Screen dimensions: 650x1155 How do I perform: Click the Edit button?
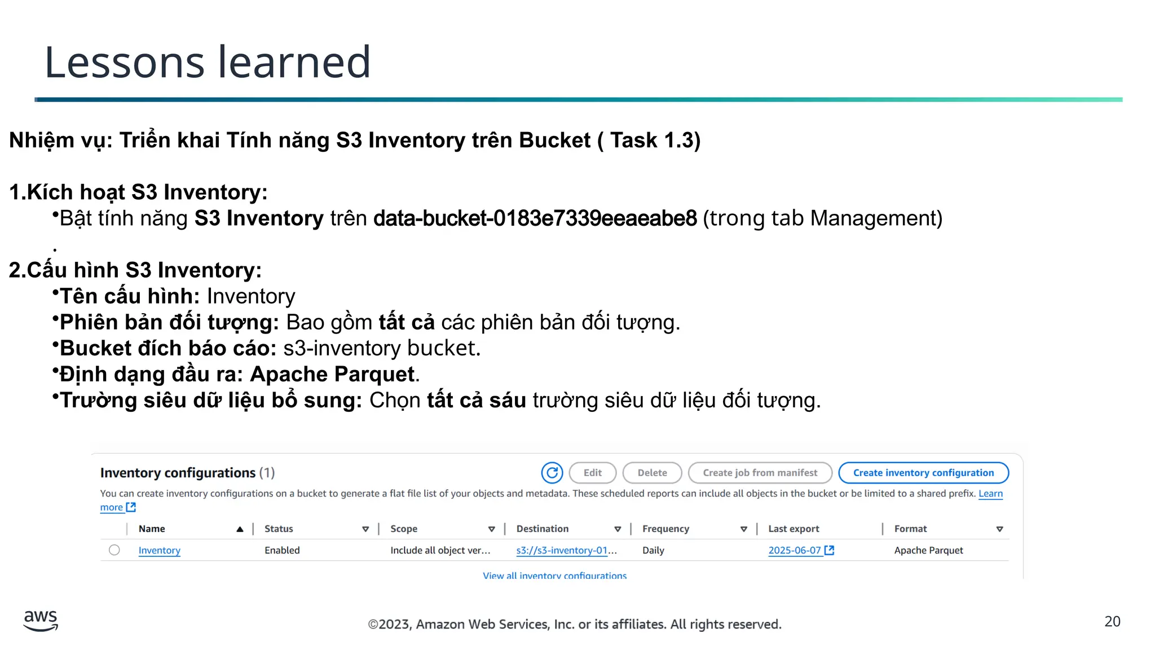pos(592,473)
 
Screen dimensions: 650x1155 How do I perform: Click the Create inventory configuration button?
pos(923,473)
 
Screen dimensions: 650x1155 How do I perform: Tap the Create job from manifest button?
pos(760,473)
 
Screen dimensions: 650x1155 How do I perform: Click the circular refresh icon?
pos(552,473)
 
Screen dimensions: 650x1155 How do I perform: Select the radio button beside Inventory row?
pos(114,550)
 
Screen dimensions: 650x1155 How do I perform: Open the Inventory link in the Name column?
pos(160,550)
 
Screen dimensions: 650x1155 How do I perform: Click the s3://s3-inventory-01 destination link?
pos(566,550)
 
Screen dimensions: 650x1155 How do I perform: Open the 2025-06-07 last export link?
pos(795,550)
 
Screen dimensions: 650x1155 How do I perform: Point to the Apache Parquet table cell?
pos(928,550)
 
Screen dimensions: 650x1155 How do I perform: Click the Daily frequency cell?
pos(653,550)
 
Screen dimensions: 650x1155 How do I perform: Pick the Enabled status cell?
pos(282,550)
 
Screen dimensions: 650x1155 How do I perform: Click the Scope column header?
pos(404,529)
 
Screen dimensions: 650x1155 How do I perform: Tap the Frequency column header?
pos(665,529)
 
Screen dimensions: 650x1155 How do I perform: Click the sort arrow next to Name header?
pos(240,529)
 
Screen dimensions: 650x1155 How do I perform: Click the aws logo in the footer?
pos(41,620)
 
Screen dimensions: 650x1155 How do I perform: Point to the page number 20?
pos(1112,621)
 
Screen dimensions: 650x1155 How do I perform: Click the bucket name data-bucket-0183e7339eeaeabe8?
pos(535,218)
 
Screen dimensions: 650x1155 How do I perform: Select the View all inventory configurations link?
pos(554,576)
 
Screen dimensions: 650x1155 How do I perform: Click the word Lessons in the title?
pos(124,62)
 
